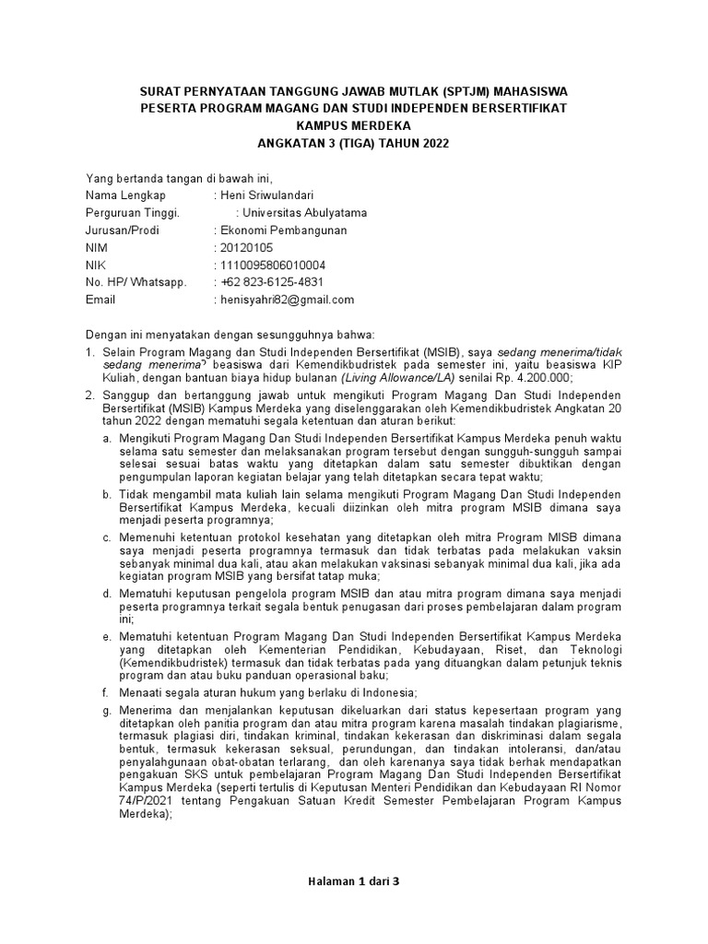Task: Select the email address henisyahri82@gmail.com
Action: pos(287,300)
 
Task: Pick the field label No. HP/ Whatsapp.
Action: pos(136,282)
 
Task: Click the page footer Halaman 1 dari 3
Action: pos(354,881)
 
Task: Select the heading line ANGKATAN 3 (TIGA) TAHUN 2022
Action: pos(355,142)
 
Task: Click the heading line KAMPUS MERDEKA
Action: pos(355,125)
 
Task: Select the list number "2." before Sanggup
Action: pos(90,395)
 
